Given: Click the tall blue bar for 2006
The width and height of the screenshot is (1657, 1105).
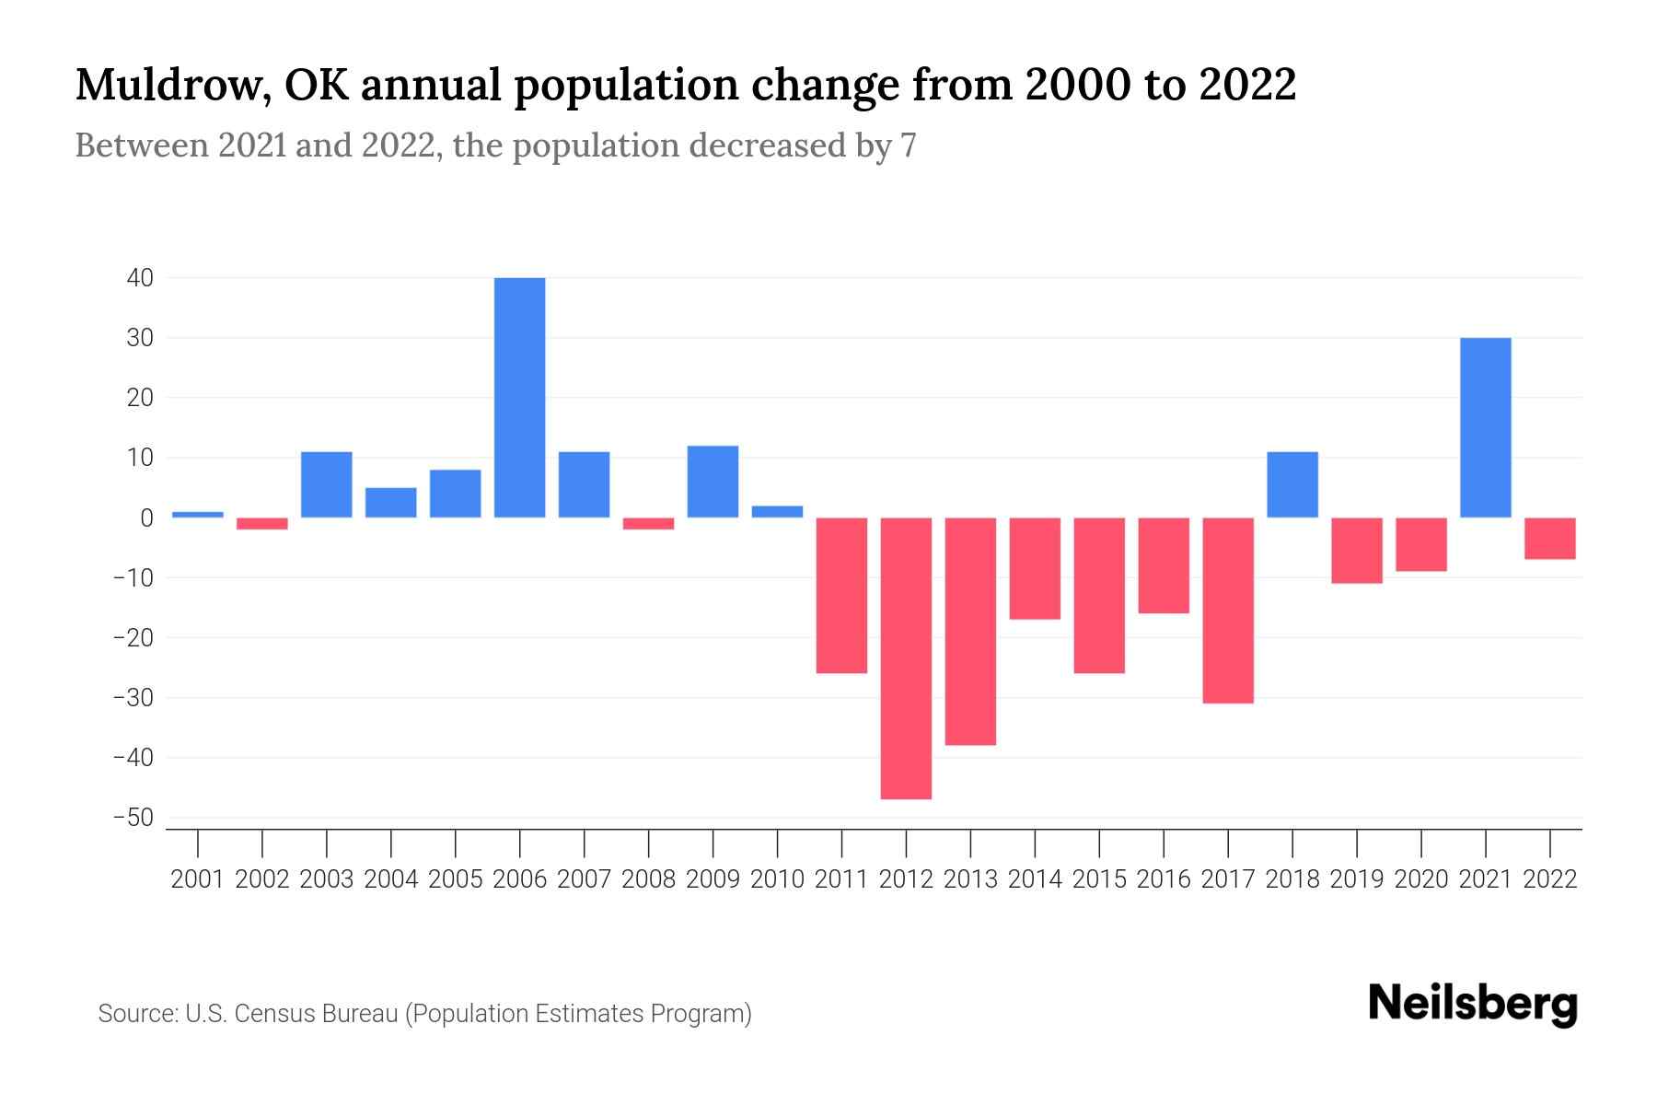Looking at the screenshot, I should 519,397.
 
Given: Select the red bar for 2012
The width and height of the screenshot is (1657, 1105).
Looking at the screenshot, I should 906,657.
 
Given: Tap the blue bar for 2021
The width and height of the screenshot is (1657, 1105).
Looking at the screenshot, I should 1485,427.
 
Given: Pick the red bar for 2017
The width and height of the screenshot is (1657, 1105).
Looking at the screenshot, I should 1228,610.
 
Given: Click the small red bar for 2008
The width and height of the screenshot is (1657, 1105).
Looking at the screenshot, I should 648,523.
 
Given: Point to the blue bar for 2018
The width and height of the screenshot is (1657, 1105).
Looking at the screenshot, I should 1292,484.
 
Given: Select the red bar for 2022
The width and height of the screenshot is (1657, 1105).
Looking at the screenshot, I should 1549,538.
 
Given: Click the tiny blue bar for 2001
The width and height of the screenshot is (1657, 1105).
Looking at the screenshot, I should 198,515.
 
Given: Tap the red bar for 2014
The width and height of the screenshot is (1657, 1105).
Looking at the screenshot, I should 1035,567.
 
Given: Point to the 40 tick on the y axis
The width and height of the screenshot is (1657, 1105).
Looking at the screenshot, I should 140,278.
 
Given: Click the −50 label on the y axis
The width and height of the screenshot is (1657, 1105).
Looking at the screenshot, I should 133,818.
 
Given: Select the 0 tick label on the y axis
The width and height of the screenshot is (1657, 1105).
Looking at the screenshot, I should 146,518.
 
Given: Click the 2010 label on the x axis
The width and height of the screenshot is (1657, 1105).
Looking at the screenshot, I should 777,879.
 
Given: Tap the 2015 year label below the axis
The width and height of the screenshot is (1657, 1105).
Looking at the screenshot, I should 1099,879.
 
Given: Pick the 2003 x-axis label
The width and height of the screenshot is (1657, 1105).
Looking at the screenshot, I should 327,879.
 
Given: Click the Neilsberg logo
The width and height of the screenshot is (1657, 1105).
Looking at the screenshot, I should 1472,1005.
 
